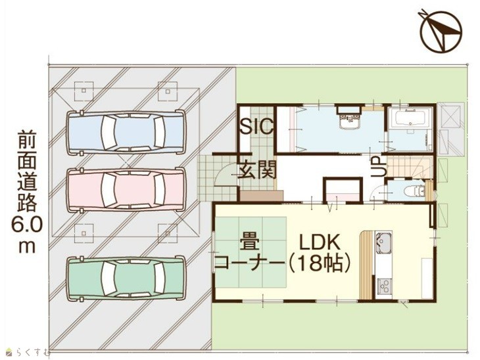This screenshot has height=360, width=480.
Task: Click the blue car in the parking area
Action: [x=126, y=132]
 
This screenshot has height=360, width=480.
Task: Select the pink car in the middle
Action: [x=126, y=190]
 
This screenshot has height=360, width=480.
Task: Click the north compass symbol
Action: [x=441, y=31]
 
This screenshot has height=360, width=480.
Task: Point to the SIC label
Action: [x=256, y=126]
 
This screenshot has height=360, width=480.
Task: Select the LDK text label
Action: [x=320, y=242]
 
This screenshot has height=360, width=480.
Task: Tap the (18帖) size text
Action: [x=320, y=263]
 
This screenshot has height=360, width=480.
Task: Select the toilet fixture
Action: [x=414, y=191]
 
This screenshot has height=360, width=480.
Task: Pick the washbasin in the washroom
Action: [x=348, y=121]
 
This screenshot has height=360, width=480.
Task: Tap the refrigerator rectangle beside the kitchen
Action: [x=427, y=279]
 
